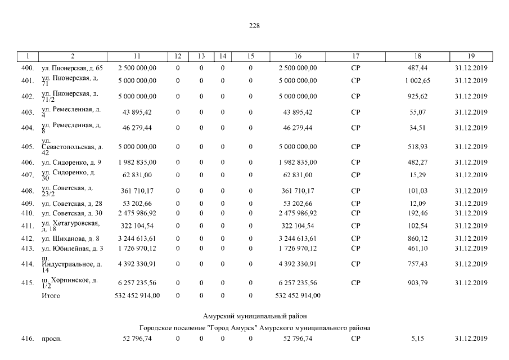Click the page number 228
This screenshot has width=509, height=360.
pos(254,25)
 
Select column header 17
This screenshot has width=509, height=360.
pos(355,56)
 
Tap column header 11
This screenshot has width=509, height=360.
pos(137,56)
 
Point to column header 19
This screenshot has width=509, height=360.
pos(471,56)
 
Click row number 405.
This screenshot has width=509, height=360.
pos(28,147)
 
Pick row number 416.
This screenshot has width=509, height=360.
pos(28,339)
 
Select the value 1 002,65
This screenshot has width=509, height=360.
pos(417,80)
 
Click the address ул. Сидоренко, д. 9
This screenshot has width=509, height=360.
pos(71,163)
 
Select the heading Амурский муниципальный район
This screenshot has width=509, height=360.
pos(254,317)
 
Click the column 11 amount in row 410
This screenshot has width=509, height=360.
pos(137,213)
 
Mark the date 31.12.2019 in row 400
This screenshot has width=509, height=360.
pos(471,68)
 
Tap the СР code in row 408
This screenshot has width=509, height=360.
pos(355,191)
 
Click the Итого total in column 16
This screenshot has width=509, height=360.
pos(298,295)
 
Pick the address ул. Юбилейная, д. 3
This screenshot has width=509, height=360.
pos(73,249)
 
